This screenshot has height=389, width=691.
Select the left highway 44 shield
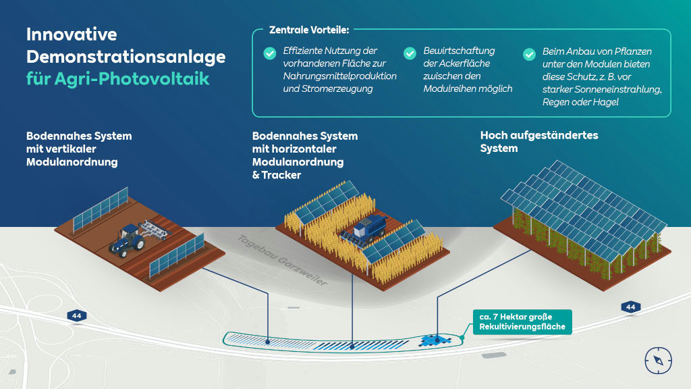click(x=76, y=315)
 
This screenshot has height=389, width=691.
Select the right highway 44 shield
click(x=630, y=307)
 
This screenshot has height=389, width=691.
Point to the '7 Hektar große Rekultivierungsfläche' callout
click(x=522, y=321)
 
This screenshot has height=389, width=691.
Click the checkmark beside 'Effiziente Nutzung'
click(x=270, y=53)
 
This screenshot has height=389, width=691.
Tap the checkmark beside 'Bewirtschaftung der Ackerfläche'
click(x=410, y=53)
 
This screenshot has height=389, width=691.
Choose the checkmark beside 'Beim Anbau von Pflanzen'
click(x=530, y=53)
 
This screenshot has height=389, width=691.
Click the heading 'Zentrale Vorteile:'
click(x=308, y=30)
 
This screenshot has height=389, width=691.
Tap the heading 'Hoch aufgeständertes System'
click(x=538, y=142)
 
